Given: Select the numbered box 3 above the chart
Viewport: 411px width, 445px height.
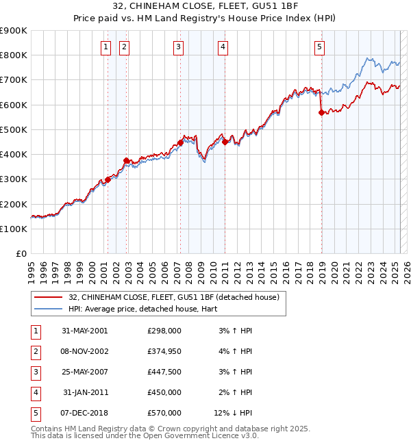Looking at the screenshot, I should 178,47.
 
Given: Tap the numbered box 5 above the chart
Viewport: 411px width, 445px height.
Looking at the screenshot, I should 320,47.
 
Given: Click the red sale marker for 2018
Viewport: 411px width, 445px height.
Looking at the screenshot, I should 322,113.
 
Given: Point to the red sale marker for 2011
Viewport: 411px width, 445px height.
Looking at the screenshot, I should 225,142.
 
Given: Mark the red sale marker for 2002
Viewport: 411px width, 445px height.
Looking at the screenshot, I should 127,161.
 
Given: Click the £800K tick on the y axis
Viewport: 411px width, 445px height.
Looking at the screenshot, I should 14,55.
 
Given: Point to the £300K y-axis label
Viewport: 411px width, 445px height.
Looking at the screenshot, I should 14,179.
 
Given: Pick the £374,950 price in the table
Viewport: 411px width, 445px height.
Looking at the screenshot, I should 164,351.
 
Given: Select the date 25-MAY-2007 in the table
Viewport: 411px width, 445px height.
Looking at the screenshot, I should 85,372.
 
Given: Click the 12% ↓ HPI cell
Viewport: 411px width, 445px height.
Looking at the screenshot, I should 234,413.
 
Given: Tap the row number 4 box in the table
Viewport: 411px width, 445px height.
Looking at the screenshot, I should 34,392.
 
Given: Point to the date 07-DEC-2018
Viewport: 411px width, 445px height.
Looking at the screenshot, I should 85,413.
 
